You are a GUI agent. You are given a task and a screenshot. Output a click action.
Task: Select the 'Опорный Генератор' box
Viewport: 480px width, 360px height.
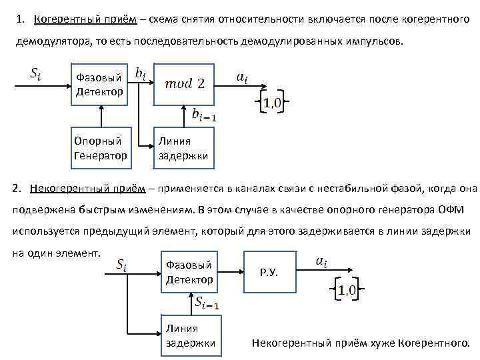coord(100,148)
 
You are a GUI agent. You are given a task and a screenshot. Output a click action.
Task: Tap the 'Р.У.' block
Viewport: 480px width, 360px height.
coord(270,273)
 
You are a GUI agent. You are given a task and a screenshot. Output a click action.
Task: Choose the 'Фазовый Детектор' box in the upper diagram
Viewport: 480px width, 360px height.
coord(100,85)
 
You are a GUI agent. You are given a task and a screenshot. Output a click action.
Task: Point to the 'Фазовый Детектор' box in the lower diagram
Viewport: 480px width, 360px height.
coord(190,273)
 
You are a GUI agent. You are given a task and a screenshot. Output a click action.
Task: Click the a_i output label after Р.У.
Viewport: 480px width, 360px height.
coord(321,262)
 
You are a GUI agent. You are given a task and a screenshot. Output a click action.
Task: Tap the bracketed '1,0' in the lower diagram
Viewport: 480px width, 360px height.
coord(346,290)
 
